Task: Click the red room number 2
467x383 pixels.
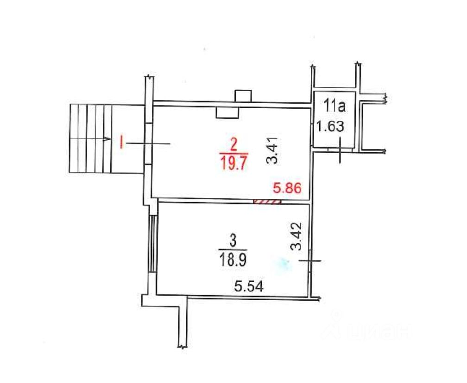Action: click(x=234, y=146)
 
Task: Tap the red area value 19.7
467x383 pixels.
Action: click(x=234, y=163)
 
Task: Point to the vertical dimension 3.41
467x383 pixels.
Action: click(x=272, y=150)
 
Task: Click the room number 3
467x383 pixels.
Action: click(x=233, y=241)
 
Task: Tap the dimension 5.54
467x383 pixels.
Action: click(x=249, y=287)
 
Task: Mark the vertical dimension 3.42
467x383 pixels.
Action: click(x=297, y=236)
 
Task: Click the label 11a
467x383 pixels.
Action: click(x=335, y=106)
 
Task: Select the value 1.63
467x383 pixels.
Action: click(x=330, y=126)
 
